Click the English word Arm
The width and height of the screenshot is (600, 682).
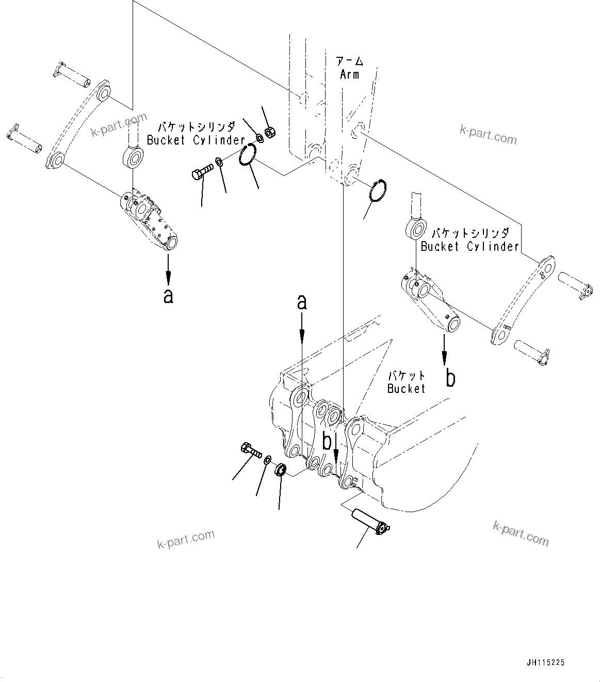tap(349, 75)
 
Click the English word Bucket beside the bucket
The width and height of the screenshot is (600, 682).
tap(406, 389)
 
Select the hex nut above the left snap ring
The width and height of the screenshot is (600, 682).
tap(268, 133)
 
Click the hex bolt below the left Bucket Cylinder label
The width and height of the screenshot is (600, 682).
tap(201, 171)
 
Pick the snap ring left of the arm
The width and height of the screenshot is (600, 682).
tap(249, 156)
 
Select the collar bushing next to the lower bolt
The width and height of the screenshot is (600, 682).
tap(281, 470)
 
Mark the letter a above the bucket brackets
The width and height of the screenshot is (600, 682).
tap(302, 302)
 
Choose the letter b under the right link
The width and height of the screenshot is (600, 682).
tap(450, 378)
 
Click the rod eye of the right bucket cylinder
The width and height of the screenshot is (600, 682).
tap(416, 228)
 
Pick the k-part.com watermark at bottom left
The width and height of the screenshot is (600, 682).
tap(185, 539)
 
